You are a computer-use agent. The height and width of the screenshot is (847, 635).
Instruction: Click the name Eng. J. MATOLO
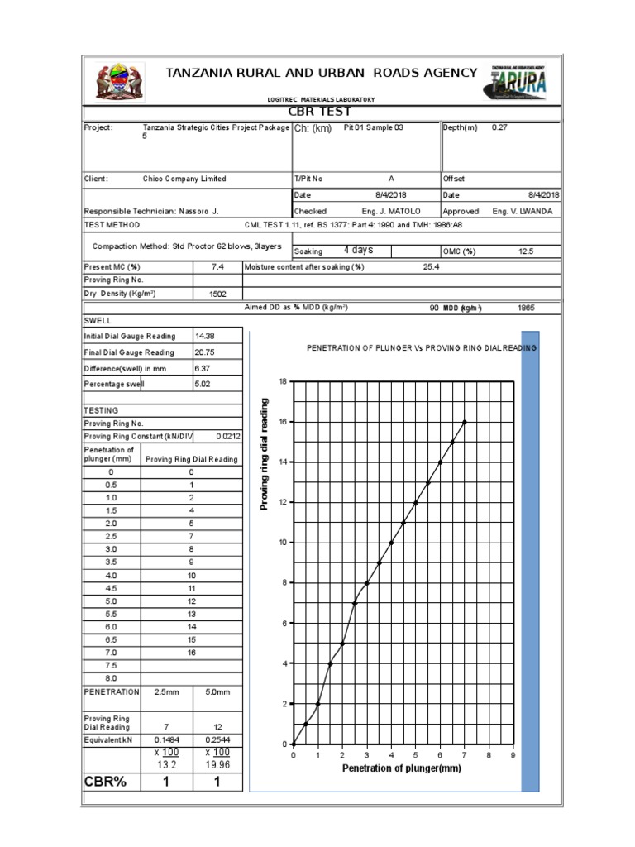pos(398,211)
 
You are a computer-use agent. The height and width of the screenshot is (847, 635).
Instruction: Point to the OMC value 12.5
pos(526,251)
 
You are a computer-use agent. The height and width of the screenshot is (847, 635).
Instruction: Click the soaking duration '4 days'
pos(358,251)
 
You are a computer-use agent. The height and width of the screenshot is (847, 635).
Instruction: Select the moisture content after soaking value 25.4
pos(430,266)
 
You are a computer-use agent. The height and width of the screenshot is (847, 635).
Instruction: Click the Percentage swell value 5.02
pos(203,385)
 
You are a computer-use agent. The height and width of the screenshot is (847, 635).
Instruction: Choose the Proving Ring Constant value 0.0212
pos(227,435)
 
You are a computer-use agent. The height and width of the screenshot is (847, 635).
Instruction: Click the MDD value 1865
pos(526,308)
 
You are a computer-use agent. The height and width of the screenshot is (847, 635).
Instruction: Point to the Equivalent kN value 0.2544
pos(217,739)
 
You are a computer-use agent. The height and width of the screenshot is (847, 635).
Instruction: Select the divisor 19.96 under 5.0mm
pos(217,765)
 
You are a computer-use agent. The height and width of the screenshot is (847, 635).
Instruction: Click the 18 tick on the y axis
pos(282,381)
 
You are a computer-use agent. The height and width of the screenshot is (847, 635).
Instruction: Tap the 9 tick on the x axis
pos(513,755)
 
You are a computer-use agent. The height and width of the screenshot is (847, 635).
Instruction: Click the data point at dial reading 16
pos(465,422)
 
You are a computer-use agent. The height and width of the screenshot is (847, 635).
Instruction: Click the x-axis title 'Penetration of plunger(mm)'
pos(402,768)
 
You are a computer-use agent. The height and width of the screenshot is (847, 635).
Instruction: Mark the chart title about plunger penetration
pos(422,348)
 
